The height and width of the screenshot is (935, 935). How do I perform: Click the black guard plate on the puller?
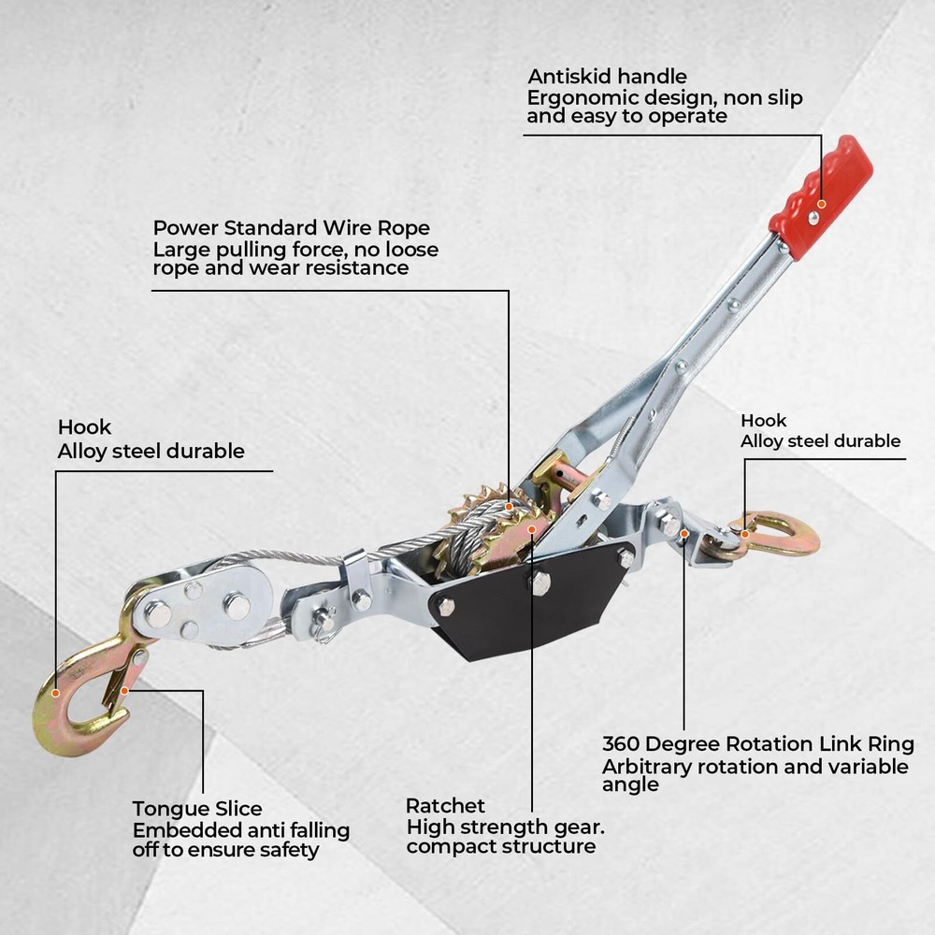(525, 602)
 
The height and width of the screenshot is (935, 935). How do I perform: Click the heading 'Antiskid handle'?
(607, 77)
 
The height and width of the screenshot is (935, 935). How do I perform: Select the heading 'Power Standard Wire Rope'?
(291, 228)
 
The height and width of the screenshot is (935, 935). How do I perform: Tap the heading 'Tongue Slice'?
(196, 809)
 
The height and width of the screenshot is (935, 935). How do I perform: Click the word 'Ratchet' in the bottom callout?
(445, 806)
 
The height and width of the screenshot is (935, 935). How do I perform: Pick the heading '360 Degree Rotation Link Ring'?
(758, 744)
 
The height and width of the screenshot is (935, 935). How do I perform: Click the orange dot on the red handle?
(821, 204)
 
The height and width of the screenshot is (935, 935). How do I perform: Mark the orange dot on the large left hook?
(55, 693)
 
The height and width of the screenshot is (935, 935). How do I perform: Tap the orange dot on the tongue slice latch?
(124, 691)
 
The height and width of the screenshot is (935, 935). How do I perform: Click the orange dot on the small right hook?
(745, 534)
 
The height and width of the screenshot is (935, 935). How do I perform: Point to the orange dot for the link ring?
(684, 534)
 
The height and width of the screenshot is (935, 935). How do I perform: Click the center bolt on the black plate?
(539, 583)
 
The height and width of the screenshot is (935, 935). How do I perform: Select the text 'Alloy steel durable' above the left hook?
(151, 451)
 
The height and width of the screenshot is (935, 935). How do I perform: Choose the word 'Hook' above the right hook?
(763, 421)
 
